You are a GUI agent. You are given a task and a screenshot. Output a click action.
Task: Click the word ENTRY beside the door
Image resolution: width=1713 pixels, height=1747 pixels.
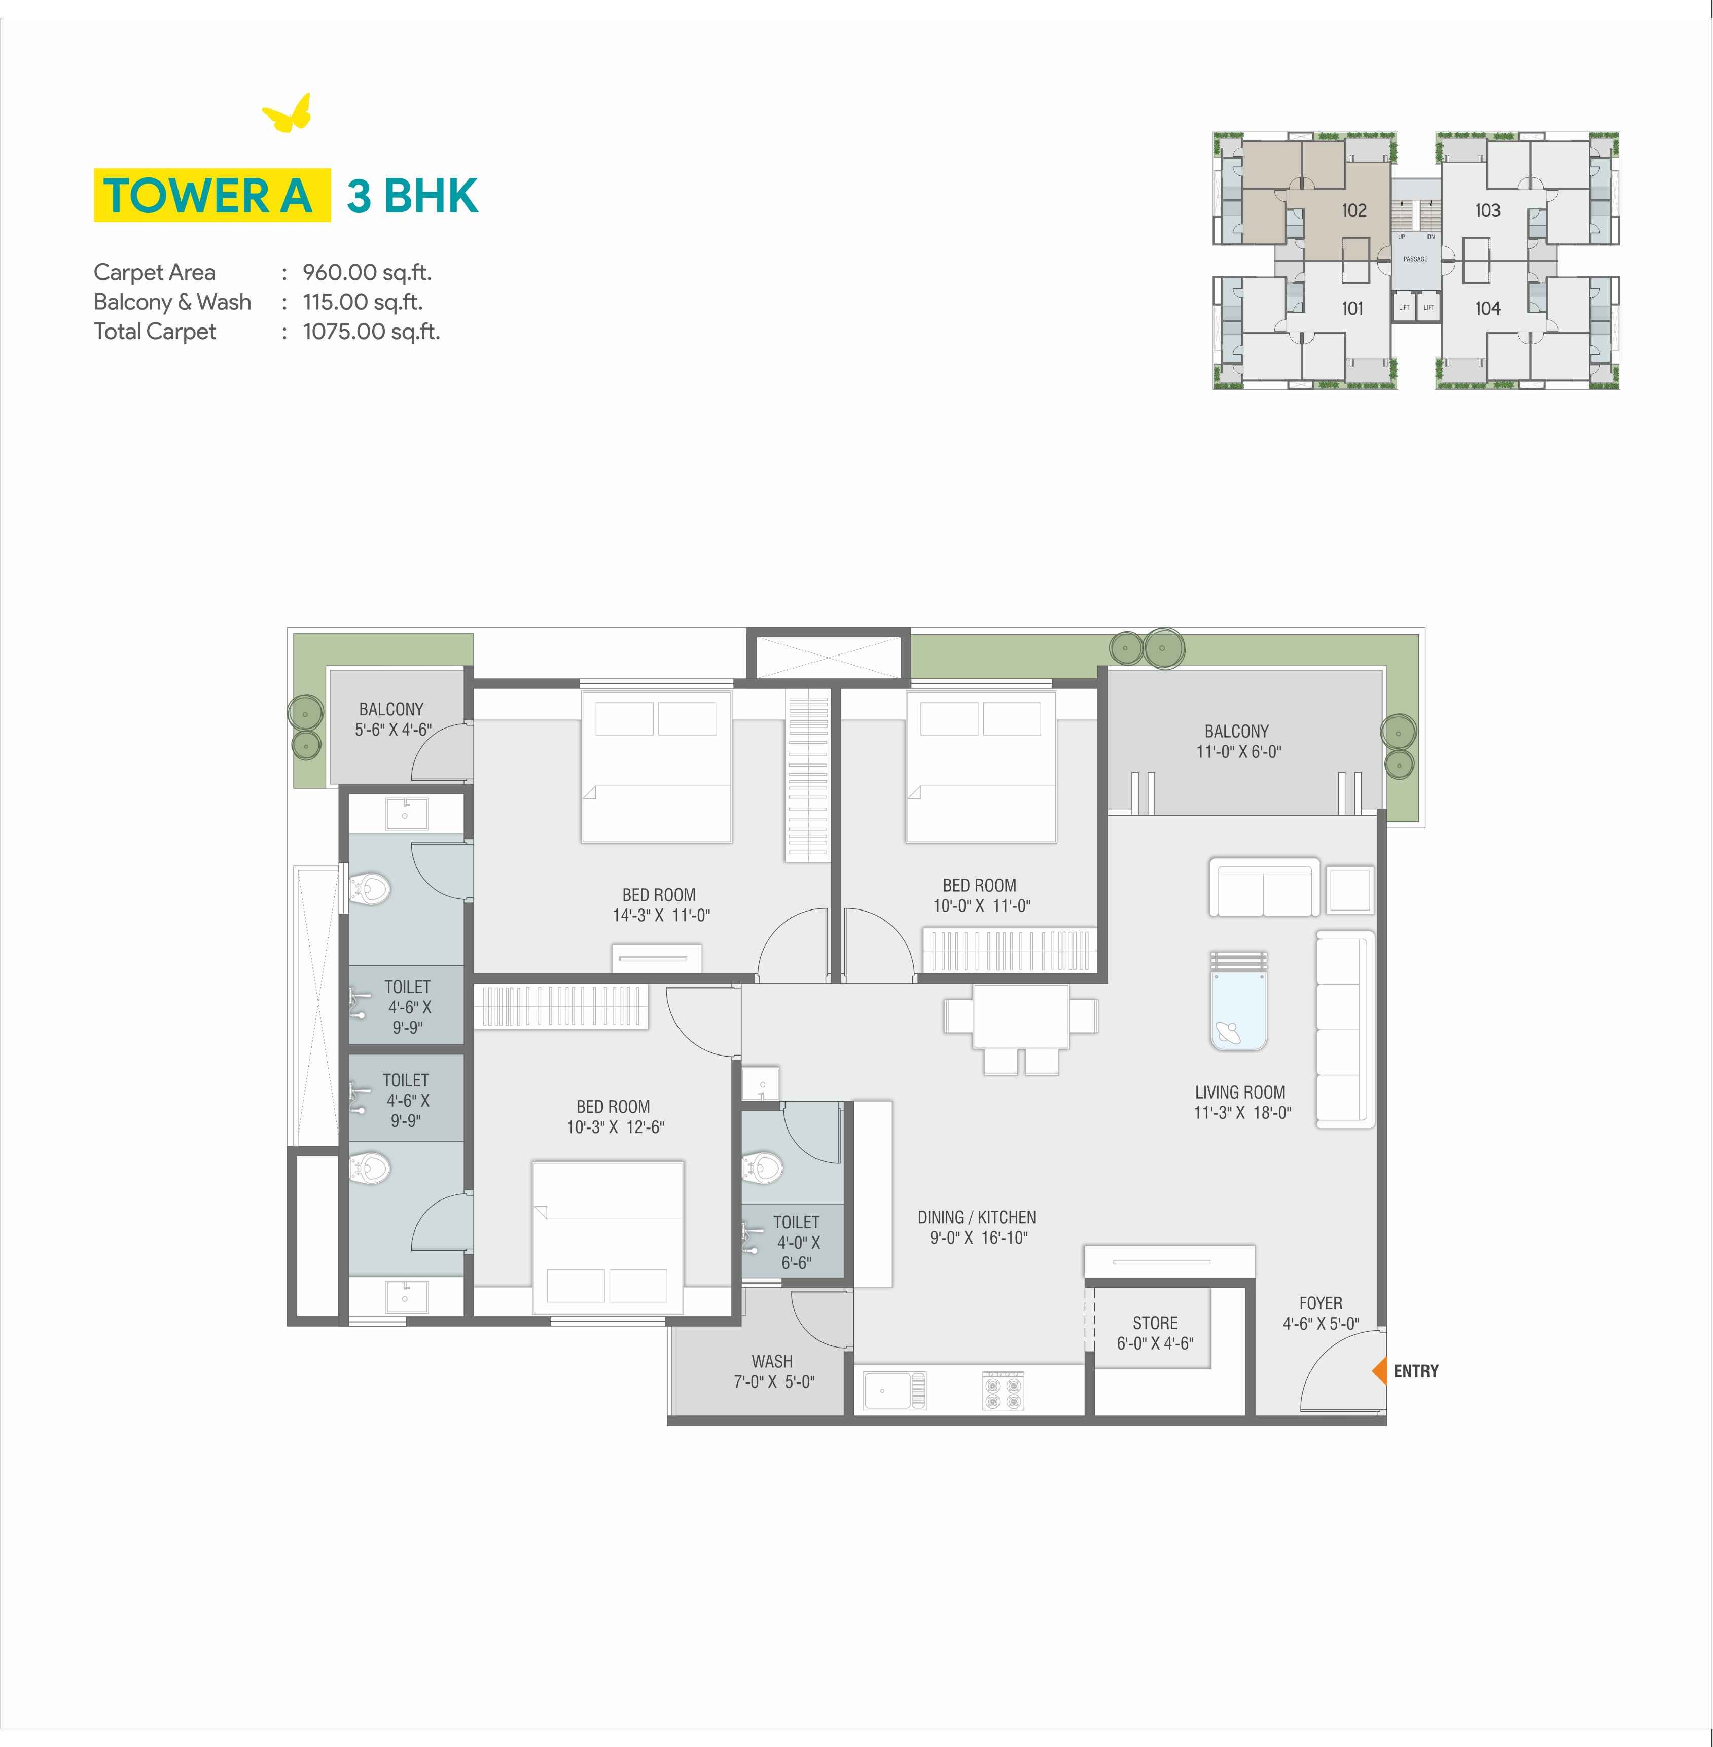point(1416,1371)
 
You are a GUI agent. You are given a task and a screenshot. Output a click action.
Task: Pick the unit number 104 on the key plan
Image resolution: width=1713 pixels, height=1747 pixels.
point(1487,309)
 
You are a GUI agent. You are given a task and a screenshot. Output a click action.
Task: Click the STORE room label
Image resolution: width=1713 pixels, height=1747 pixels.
point(1155,1322)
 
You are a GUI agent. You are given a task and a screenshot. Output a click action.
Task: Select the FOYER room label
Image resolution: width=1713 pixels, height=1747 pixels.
point(1321,1302)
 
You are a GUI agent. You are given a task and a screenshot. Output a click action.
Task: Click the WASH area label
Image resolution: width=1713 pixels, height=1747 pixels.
point(772,1361)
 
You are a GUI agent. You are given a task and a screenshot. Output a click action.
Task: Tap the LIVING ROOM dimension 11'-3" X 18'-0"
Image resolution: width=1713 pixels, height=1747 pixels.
point(1241,1113)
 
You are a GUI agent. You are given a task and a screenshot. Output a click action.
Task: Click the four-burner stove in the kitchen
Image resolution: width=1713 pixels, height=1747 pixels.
point(1003,1391)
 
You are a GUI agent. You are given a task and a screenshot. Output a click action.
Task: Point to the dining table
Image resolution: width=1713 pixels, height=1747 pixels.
point(1021,1016)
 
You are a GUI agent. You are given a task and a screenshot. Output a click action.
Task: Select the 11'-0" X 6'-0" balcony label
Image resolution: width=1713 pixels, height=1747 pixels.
point(1238,752)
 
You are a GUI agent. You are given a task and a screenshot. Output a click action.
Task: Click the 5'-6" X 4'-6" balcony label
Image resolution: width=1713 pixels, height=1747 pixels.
point(392,730)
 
